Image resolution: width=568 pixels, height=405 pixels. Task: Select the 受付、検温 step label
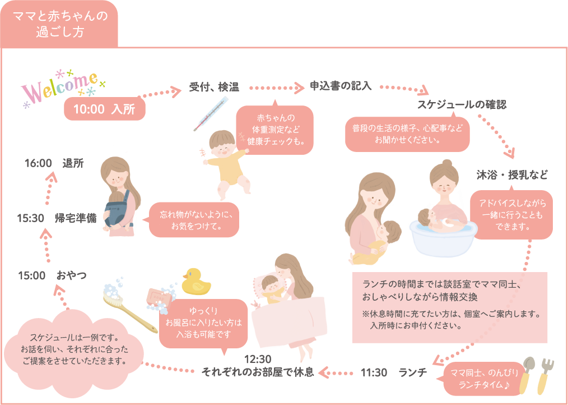point(214,87)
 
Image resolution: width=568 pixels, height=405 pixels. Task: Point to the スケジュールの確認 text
point(462,105)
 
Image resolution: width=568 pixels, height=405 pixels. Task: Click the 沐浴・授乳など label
point(512,174)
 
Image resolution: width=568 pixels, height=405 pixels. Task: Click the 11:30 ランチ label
point(394,372)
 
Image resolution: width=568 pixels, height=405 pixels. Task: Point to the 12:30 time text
point(258,360)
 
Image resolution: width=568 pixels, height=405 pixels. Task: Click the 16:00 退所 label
point(54,163)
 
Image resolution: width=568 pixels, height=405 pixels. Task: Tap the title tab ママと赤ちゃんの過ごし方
point(59,25)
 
